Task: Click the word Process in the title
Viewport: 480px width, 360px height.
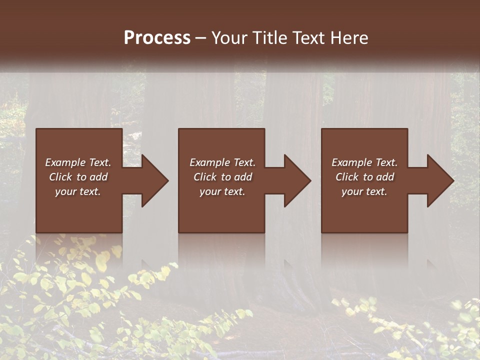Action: pos(157,38)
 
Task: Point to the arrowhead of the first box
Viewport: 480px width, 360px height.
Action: pos(154,180)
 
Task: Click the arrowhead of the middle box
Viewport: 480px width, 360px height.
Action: pos(297,180)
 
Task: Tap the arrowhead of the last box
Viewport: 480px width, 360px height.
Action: pos(440,180)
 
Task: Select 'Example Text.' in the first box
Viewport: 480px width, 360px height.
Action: pos(78,162)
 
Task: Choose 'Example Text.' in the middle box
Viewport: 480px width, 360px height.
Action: pos(222,162)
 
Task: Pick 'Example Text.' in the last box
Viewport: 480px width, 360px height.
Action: pos(364,162)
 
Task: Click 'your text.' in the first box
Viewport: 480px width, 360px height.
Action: pos(78,191)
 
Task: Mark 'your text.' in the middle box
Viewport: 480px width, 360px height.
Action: pos(222,191)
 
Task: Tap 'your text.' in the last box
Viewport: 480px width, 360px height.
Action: pos(364,191)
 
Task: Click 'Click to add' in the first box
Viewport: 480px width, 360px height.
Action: pos(78,177)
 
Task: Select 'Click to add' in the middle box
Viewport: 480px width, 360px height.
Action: pos(222,177)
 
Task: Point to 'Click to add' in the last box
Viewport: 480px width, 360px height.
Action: pos(364,177)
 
